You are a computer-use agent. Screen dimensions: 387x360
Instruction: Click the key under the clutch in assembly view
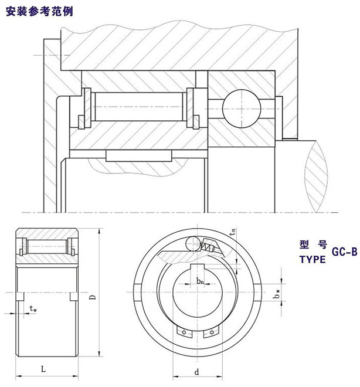point(139,155)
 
